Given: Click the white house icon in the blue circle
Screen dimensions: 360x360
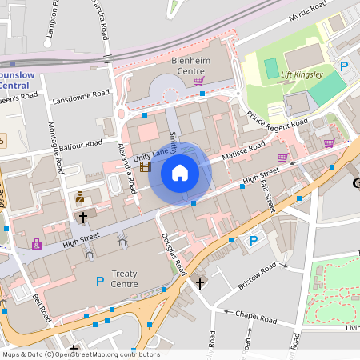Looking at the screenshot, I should point(180,172).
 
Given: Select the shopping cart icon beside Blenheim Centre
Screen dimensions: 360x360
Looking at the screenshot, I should point(198,80).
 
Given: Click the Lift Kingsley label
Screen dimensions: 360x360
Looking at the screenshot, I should point(302,74).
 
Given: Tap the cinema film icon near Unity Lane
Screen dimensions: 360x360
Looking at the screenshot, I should point(145,166).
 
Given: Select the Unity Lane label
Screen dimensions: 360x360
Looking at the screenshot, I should point(128,156).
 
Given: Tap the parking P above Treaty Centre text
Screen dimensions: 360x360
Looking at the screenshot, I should point(100,281).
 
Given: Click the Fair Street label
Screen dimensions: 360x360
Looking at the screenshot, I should point(270,196).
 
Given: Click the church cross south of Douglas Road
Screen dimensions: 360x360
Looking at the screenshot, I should point(200,282).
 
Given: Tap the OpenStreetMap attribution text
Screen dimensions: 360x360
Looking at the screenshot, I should point(81,354).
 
